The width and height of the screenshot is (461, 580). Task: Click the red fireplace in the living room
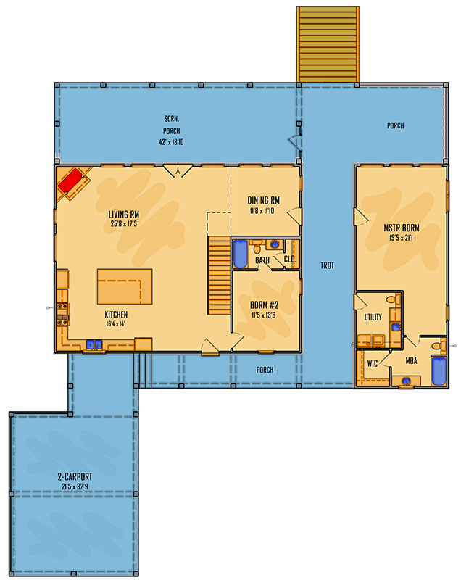[x=71, y=182]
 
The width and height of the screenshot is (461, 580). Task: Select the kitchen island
[x=125, y=286]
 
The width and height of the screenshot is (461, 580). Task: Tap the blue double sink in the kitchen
[x=94, y=344]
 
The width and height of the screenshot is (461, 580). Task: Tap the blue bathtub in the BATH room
[x=240, y=254]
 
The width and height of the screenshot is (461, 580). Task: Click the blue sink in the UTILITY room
[x=395, y=327]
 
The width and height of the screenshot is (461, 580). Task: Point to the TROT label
[x=328, y=266]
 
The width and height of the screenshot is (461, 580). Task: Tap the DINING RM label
[x=264, y=200]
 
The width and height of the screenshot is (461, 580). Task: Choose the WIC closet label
[x=373, y=363]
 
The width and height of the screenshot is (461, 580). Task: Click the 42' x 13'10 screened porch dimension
[x=170, y=142]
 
